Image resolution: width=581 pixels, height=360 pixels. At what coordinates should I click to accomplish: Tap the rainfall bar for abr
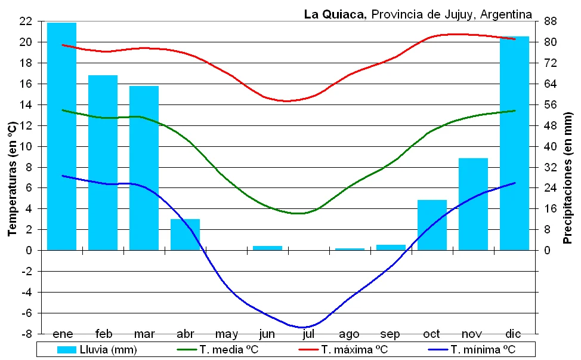(x=185, y=235)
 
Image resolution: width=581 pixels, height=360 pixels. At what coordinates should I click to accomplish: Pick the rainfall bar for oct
(x=432, y=225)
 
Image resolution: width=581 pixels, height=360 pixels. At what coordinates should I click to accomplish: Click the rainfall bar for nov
(x=473, y=204)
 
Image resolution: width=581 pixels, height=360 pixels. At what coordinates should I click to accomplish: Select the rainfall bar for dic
(x=514, y=143)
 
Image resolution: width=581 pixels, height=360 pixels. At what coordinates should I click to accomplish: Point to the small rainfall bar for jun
(x=267, y=248)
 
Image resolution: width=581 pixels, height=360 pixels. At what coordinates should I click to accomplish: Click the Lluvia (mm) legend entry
(x=98, y=349)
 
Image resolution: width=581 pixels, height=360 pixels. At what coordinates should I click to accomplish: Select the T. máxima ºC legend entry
(x=346, y=349)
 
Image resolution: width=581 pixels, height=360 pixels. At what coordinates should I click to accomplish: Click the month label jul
(x=308, y=333)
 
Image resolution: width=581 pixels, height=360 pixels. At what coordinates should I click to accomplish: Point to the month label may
(x=226, y=333)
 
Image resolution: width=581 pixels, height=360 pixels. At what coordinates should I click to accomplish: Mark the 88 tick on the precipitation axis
(x=550, y=21)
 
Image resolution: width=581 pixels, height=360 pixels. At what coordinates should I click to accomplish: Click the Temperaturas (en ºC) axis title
(x=12, y=178)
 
